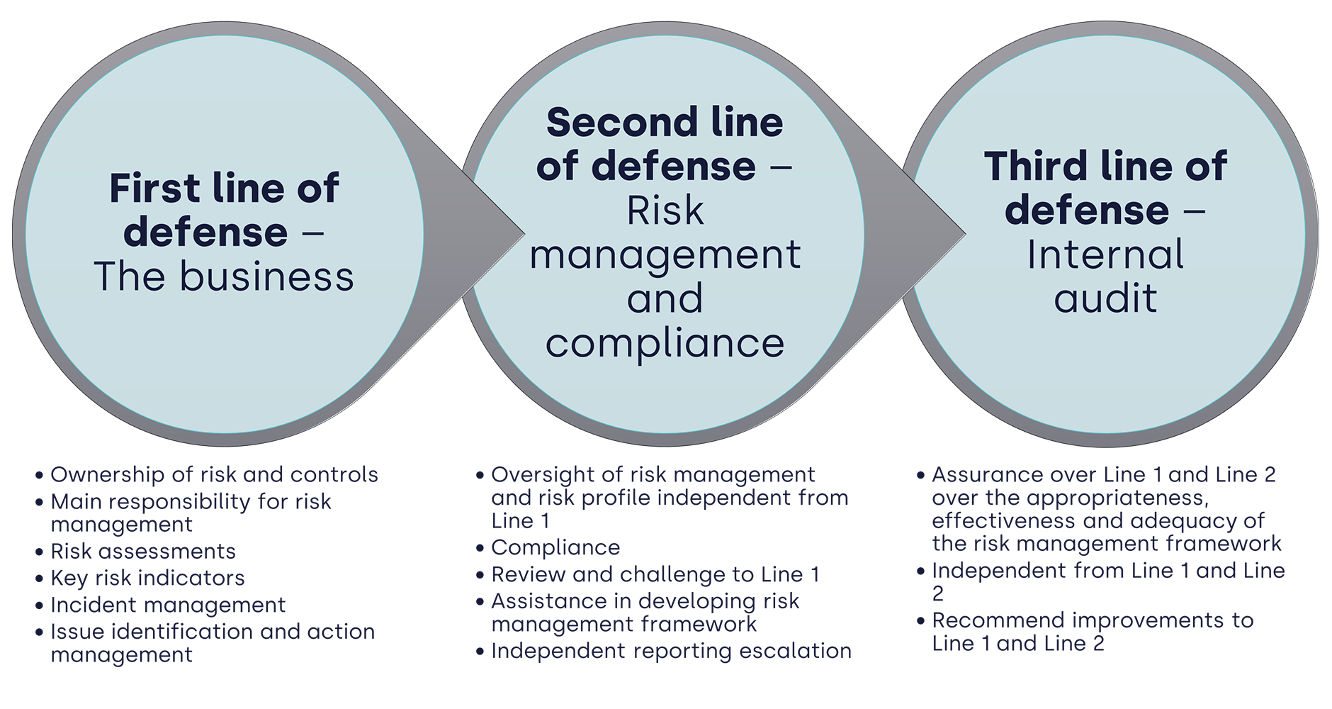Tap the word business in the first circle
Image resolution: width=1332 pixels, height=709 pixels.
point(266,277)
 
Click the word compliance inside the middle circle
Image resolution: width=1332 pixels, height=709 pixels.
point(665,343)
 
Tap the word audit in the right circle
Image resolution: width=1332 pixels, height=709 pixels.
point(1105,298)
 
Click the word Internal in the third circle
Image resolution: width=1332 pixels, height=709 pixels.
point(1105,255)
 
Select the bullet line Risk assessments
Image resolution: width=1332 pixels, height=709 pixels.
point(142,552)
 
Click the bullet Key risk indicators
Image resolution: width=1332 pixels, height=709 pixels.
point(147,579)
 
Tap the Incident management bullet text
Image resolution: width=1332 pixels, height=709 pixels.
point(167,605)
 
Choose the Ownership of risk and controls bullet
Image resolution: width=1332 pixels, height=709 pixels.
point(214,475)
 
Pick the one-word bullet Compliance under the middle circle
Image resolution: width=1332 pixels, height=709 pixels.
point(555,548)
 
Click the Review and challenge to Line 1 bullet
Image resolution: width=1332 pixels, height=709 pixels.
point(655,575)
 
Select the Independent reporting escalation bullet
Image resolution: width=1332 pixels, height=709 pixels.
point(670,652)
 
